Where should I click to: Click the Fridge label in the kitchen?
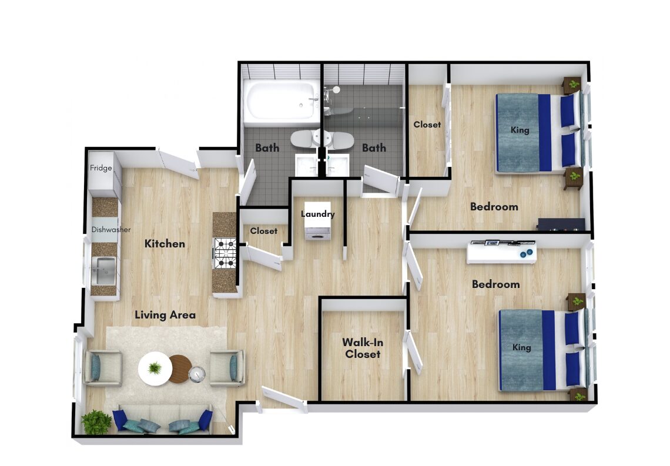point(101,168)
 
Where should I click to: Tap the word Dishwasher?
point(111,230)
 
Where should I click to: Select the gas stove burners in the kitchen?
point(225,253)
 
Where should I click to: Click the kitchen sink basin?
point(103,270)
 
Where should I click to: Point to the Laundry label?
point(317,214)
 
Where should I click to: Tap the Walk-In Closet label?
point(363,348)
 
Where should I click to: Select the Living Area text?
point(165,315)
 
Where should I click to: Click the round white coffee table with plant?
point(155,368)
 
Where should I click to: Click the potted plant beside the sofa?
point(96,422)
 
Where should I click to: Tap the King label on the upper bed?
point(520,130)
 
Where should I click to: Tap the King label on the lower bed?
point(521,347)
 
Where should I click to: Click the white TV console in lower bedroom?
point(502,253)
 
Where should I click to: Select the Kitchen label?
point(165,244)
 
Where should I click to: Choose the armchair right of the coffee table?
point(227,368)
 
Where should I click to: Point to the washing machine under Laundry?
point(317,231)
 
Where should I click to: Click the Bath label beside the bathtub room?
point(267,147)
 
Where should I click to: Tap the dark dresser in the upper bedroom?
point(561,224)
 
